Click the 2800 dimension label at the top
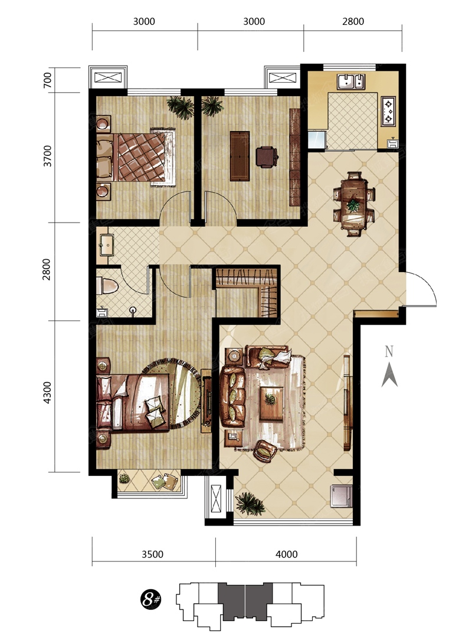353,21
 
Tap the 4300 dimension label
48,393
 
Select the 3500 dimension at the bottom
152,554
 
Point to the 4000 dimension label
286,554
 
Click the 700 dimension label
48,80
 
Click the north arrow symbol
389,375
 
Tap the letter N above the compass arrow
389,351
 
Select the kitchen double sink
350,81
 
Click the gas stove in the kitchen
388,111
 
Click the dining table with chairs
353,204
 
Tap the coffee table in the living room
271,403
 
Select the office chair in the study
267,156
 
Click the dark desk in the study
240,156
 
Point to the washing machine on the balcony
341,496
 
